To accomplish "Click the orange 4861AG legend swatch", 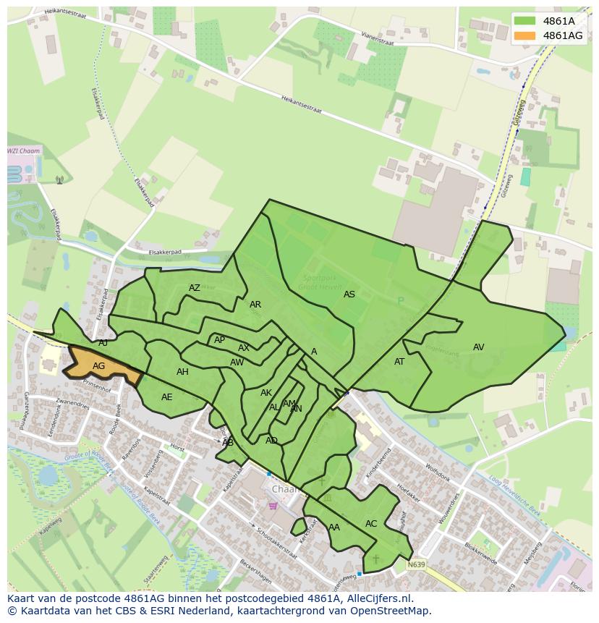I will (525, 35).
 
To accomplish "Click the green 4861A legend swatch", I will (525, 21).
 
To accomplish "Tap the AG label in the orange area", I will (99, 366).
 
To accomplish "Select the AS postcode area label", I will (349, 294).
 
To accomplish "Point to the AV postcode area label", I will (478, 347).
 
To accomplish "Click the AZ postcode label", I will (195, 288).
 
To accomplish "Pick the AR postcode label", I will (255, 305).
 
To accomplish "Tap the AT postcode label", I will (399, 362).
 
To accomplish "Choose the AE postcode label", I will (167, 397).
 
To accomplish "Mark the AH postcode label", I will (182, 372).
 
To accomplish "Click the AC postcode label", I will (371, 524).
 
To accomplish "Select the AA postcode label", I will (334, 527).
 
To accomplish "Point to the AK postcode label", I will (266, 393).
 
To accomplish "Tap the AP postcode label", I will (220, 340).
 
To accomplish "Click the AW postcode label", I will (237, 363).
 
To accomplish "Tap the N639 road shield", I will (416, 564).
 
